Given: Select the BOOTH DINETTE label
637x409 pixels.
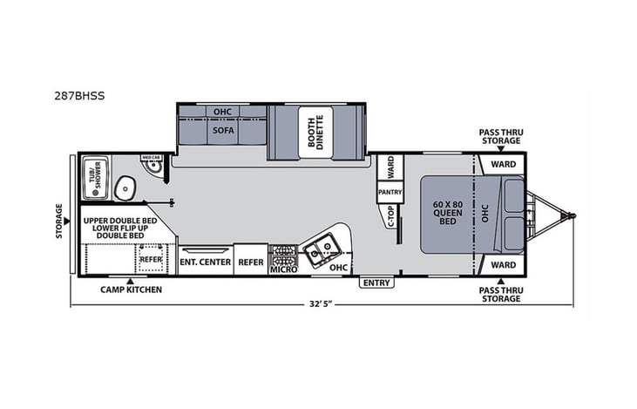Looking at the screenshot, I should click(314, 133).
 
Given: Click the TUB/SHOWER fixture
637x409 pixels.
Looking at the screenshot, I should click(92, 174).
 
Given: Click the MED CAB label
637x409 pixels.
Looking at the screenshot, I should click(150, 158).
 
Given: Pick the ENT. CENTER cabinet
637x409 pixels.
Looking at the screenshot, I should click(205, 262).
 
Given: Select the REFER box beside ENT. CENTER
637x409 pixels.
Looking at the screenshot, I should click(251, 262).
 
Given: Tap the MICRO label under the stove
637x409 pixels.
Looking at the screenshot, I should click(283, 269).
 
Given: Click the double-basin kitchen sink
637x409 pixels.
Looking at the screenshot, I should click(320, 250).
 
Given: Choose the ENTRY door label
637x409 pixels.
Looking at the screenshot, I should click(377, 282).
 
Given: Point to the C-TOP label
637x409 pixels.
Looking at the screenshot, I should click(390, 215).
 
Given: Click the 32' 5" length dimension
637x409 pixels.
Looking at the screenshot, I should click(321, 304).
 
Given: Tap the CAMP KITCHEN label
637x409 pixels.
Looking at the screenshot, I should click(131, 289).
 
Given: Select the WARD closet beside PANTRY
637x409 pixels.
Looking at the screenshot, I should click(390, 166).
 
